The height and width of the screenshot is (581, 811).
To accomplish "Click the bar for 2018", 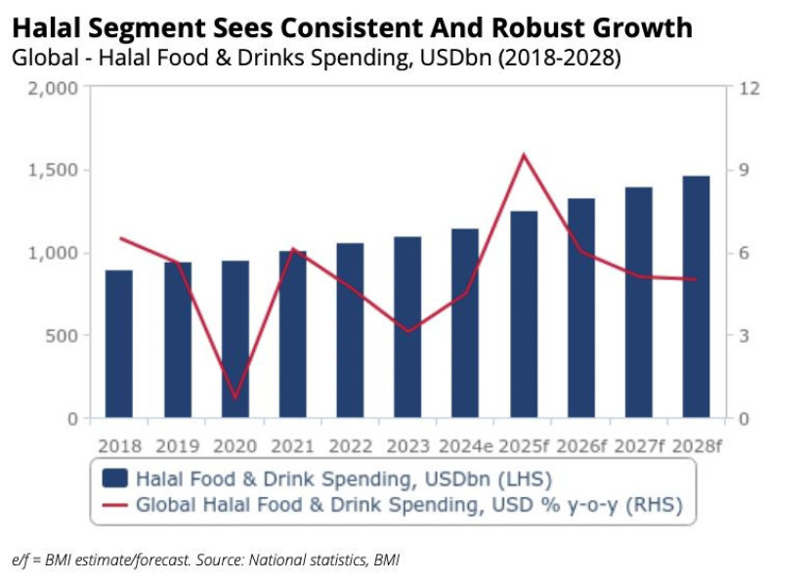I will (119, 344).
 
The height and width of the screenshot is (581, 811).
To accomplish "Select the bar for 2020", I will (235, 339).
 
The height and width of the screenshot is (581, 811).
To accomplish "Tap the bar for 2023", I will (407, 327).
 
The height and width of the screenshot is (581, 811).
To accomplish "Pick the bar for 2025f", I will (524, 314).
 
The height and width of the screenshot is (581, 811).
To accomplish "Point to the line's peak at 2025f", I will (524, 154).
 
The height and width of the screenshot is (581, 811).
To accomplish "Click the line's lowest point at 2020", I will (235, 398).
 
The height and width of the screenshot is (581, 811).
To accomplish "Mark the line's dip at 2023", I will (407, 332).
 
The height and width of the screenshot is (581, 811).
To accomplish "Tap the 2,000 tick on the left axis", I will (55, 88).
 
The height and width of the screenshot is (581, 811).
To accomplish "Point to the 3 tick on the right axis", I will (745, 336).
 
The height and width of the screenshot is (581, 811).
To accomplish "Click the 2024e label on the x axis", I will (465, 446).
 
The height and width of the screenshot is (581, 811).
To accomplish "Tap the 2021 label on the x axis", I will (292, 446).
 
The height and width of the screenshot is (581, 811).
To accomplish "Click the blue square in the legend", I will (115, 478).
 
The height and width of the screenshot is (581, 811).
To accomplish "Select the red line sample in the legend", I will (115, 505).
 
